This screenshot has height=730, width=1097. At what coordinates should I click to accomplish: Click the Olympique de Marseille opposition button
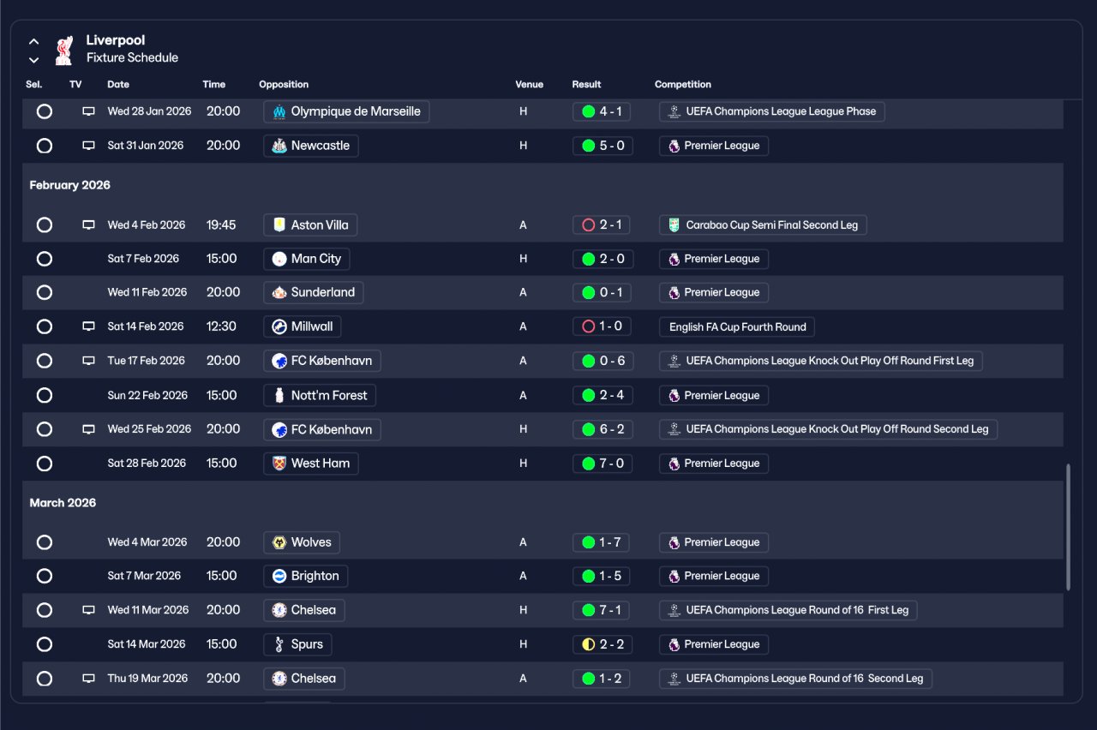click(x=346, y=111)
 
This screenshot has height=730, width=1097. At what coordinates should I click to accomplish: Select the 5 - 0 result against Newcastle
click(x=602, y=146)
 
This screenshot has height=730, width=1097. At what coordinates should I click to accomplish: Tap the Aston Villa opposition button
click(x=310, y=225)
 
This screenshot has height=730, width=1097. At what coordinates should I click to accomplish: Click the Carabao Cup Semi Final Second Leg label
click(x=764, y=225)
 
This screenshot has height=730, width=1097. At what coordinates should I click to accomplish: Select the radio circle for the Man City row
click(x=45, y=259)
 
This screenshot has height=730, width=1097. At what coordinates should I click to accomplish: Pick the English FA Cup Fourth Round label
click(x=737, y=326)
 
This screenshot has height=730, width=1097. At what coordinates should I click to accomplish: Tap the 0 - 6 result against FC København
click(x=602, y=361)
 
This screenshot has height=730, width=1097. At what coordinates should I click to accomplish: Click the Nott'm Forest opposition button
click(x=320, y=395)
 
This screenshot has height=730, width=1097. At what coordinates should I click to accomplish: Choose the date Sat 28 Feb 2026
click(x=147, y=464)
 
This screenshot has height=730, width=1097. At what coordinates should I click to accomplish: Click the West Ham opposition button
click(x=311, y=464)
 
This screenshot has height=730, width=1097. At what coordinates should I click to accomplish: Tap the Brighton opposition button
click(x=306, y=576)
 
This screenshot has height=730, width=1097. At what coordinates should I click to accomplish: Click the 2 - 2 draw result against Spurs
click(x=602, y=644)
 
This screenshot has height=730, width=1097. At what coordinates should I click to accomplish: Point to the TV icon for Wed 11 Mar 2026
click(x=88, y=610)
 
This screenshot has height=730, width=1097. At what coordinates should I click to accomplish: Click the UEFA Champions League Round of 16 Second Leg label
click(x=795, y=679)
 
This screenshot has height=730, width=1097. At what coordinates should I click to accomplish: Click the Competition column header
click(x=683, y=85)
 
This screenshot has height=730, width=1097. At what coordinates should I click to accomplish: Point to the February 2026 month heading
click(x=70, y=185)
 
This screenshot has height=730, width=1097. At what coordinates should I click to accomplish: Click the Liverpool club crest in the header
click(x=63, y=50)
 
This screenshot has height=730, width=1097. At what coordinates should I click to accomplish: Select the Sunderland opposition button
click(x=314, y=292)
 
